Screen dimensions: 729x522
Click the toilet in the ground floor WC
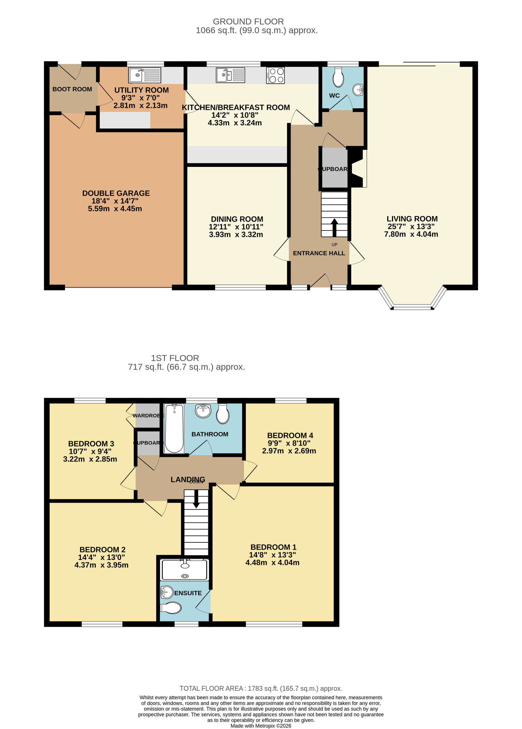coord(338,78)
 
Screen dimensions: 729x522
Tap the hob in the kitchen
coord(275,75)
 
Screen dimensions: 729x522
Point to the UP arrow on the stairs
coord(334,227)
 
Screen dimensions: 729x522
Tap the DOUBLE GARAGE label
coord(116,193)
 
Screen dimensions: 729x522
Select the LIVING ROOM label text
coord(412,219)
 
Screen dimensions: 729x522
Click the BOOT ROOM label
coord(72,89)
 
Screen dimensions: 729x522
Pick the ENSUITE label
coord(188,593)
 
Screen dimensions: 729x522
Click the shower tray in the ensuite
coord(185,570)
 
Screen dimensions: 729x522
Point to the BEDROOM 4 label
coord(290,436)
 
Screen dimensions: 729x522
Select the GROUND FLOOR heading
coord(248,22)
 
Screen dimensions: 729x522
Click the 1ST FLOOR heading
coord(175,358)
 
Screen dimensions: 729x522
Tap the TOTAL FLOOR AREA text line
coord(261,689)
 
